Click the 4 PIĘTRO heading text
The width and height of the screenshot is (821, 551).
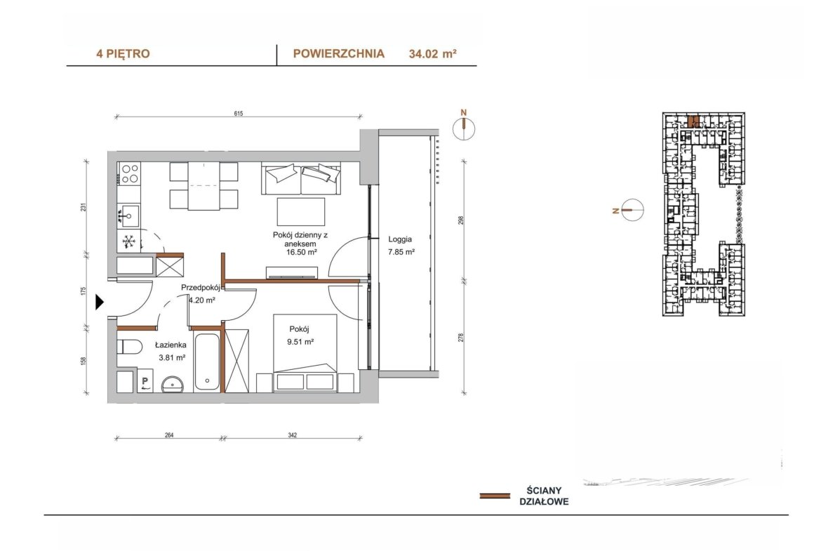[x=123, y=53]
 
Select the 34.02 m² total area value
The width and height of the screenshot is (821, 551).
[x=432, y=53]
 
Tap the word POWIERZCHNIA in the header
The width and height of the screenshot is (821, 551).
[x=339, y=53]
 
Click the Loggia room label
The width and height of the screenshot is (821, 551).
[x=400, y=239]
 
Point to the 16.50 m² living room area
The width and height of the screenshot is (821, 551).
[x=300, y=252]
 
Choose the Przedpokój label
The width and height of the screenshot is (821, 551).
[x=200, y=288]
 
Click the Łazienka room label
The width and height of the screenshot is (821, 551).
[x=171, y=345]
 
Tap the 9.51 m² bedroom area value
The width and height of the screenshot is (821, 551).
[x=300, y=342]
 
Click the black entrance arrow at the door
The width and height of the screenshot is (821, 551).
[x=100, y=302]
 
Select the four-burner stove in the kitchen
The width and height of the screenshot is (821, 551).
[x=129, y=173]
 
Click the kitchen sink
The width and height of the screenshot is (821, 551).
[x=128, y=215]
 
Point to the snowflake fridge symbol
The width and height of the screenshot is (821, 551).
[x=129, y=241]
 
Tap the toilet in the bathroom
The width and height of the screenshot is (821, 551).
[x=129, y=347]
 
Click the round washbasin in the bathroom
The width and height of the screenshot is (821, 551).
[x=173, y=385]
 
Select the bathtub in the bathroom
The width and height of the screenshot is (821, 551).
[x=207, y=361]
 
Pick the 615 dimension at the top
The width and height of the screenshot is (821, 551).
[x=239, y=113]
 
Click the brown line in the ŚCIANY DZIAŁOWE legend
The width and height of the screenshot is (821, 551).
[x=495, y=496]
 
